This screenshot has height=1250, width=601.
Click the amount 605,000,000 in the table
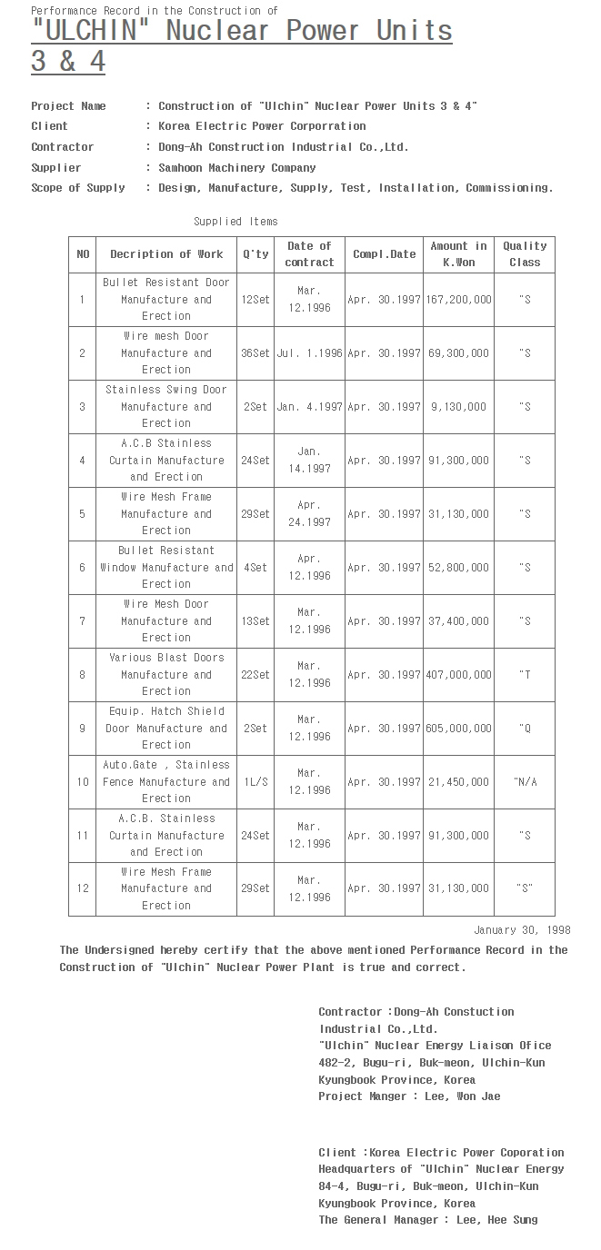tap(458, 728)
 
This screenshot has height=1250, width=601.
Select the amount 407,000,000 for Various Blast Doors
tap(458, 674)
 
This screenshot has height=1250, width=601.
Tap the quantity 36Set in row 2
tap(255, 352)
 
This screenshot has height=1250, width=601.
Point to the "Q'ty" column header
tap(255, 254)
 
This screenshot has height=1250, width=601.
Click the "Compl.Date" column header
tap(384, 254)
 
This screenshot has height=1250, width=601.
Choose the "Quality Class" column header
tap(525, 254)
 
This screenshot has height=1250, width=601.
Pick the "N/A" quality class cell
tap(525, 781)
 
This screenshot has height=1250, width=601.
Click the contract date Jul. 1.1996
tap(309, 352)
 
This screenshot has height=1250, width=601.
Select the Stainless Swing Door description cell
tap(166, 406)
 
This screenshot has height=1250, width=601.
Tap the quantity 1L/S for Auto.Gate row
tap(255, 781)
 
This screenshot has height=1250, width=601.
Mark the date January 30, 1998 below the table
tap(522, 930)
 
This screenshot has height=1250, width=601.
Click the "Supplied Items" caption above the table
tap(235, 222)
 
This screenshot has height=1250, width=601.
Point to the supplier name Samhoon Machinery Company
tap(237, 168)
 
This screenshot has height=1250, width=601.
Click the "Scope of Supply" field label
tap(78, 188)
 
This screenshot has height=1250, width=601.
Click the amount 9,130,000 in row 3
tap(458, 406)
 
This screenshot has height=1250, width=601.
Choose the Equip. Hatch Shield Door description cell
tap(166, 728)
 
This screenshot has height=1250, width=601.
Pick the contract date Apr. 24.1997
tap(309, 513)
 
